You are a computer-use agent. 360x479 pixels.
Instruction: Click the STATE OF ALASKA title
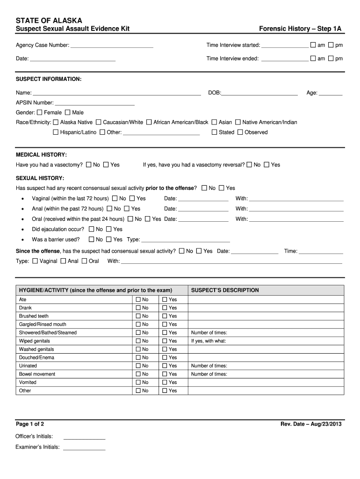[x=49, y=21]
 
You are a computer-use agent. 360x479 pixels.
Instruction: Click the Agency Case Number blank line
[x=112, y=45]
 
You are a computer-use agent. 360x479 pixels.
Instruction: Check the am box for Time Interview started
[x=313, y=45]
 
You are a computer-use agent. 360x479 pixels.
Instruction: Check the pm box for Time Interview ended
[x=331, y=58]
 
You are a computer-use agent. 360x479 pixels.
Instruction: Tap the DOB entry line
[x=259, y=93]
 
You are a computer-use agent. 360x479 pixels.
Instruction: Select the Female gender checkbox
[x=40, y=112]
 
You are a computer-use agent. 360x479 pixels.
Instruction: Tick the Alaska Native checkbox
[x=56, y=122]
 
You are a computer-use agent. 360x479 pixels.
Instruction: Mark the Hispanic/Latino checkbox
[x=56, y=132]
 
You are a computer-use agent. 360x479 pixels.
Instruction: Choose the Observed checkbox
[x=240, y=132]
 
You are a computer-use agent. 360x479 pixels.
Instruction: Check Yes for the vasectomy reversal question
[x=266, y=165]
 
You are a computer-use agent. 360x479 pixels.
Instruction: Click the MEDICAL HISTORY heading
[x=41, y=154]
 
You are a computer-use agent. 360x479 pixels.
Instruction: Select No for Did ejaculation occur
[x=92, y=229]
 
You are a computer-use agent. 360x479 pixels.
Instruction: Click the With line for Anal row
[x=296, y=209]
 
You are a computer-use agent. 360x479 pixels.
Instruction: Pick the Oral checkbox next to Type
[x=85, y=261]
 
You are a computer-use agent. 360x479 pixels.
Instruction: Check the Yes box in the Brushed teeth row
[x=165, y=316]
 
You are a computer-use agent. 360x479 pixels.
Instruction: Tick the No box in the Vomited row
[x=138, y=382]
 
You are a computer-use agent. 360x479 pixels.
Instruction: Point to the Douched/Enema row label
[x=36, y=357]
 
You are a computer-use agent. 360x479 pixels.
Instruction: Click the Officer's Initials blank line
[x=84, y=437]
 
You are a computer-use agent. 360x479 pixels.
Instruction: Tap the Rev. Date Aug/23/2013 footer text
[x=311, y=424]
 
